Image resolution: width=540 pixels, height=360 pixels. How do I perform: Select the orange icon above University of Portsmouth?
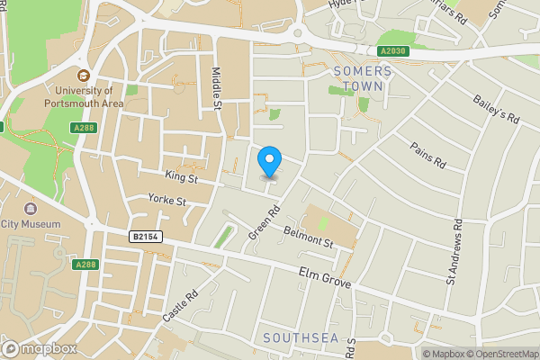pyautogui.click(x=84, y=76)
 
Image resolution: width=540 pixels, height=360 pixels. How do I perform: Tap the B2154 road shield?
pyautogui.click(x=143, y=237)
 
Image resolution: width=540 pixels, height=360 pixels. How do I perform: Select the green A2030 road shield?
pyautogui.click(x=393, y=51)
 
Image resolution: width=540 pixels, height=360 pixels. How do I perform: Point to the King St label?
pyautogui.click(x=181, y=178)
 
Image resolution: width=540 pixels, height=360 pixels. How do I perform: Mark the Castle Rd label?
pyautogui.click(x=180, y=308)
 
